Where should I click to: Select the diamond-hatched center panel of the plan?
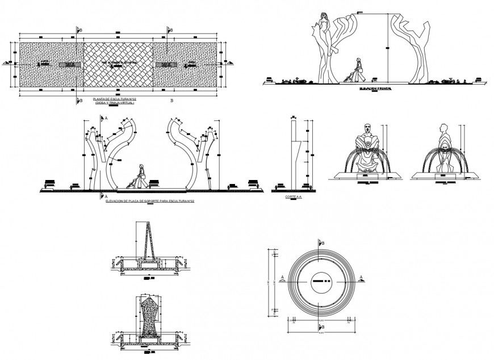click(119, 64)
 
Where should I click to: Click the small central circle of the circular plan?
click(321, 280)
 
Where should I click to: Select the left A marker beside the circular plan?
click(281, 278)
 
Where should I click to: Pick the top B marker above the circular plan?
click(323, 243)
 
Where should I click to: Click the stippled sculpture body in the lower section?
click(150, 315)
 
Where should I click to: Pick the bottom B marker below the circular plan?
click(323, 328)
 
